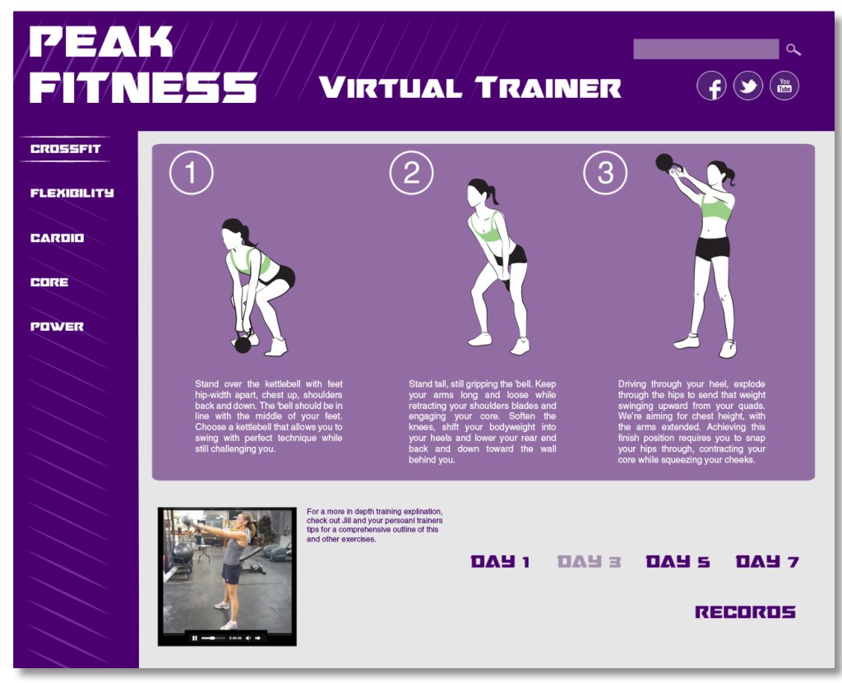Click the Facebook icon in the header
pyautogui.click(x=711, y=86)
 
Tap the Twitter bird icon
pyautogui.click(x=748, y=86)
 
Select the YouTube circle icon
pyautogui.click(x=784, y=86)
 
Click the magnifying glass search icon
pyautogui.click(x=793, y=50)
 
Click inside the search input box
pyautogui.click(x=706, y=49)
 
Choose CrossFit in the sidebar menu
pyautogui.click(x=66, y=149)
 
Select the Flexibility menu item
pyautogui.click(x=72, y=193)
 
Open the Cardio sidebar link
pyautogui.click(x=57, y=238)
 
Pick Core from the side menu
pyautogui.click(x=49, y=282)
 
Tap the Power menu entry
pyautogui.click(x=57, y=326)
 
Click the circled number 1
pyautogui.click(x=191, y=173)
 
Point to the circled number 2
pyautogui.click(x=411, y=173)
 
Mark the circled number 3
pyautogui.click(x=605, y=173)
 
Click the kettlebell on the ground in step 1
pyautogui.click(x=243, y=344)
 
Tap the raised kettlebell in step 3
pyautogui.click(x=664, y=162)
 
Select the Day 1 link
pyautogui.click(x=501, y=562)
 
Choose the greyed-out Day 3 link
pyautogui.click(x=589, y=562)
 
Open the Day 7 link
pyautogui.click(x=767, y=562)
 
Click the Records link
pyautogui.click(x=745, y=612)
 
